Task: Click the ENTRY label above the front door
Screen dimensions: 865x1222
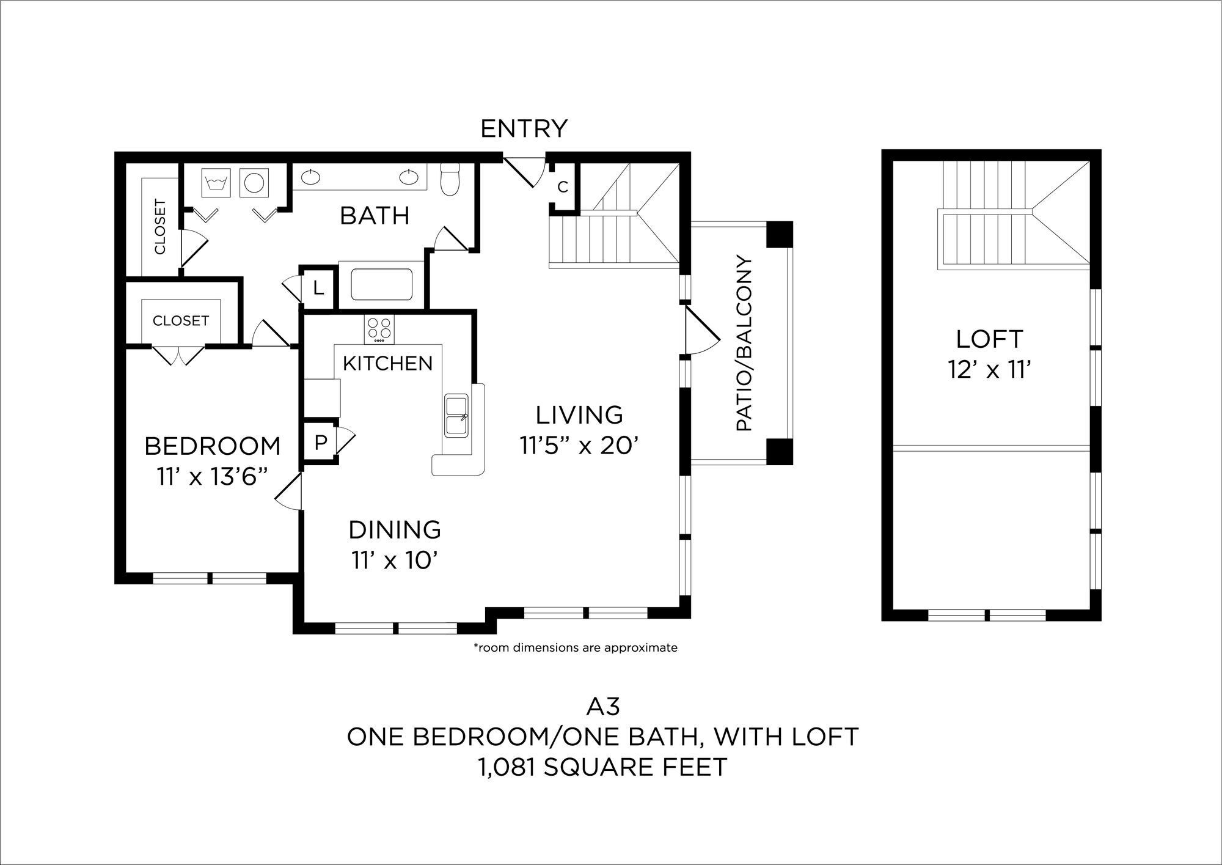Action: [x=524, y=129]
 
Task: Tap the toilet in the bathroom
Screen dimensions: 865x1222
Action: [x=450, y=180]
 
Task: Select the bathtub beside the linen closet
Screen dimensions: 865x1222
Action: [x=381, y=285]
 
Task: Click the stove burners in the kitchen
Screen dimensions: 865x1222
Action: [x=379, y=329]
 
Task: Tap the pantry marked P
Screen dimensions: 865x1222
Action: [x=320, y=443]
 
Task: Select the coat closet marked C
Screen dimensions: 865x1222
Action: [x=563, y=187]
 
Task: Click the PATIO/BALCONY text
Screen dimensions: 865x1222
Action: [x=744, y=344]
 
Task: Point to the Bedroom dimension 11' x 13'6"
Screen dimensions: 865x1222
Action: [x=213, y=477]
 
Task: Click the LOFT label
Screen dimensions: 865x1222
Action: [x=989, y=339]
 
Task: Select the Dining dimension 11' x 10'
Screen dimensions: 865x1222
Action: [x=395, y=560]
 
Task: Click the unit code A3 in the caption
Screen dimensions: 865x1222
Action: [x=602, y=707]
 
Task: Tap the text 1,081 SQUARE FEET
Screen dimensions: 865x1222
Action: [x=602, y=767]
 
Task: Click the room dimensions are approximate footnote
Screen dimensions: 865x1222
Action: [x=576, y=648]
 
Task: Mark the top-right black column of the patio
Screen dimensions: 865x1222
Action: [x=779, y=235]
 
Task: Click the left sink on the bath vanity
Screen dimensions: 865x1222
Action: [x=312, y=177]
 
